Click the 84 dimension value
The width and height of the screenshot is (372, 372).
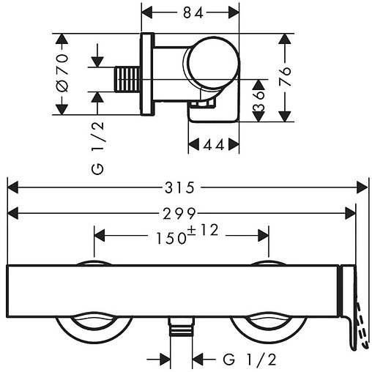pyautogui.click(x=193, y=12)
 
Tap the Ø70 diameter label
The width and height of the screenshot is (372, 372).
pyautogui.click(x=62, y=73)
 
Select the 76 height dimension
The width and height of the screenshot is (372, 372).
pyautogui.click(x=285, y=75)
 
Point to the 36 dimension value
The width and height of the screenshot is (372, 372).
pyautogui.click(x=258, y=101)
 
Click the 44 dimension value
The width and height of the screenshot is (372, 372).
pyautogui.click(x=214, y=145)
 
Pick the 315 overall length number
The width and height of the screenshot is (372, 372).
pyautogui.click(x=179, y=187)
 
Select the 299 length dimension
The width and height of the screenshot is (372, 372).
pyautogui.click(x=179, y=214)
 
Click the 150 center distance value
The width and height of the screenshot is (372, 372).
pyautogui.click(x=171, y=238)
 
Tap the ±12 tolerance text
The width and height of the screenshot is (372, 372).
pyautogui.click(x=204, y=230)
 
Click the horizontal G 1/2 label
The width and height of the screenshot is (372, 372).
pyautogui.click(x=250, y=359)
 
